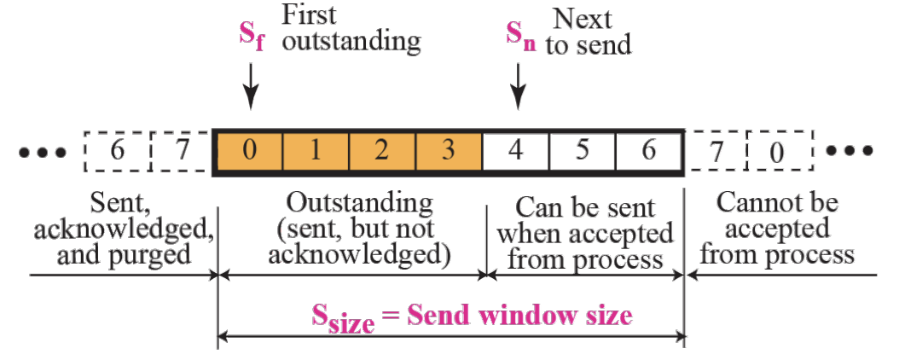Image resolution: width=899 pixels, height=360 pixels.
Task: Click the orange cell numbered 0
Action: (249, 153)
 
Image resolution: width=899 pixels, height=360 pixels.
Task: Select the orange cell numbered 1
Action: (315, 153)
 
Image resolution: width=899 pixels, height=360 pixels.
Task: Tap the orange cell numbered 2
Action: (382, 153)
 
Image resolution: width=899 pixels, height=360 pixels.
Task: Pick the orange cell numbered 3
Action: (449, 153)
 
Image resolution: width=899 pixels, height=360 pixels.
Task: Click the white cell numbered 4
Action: (515, 153)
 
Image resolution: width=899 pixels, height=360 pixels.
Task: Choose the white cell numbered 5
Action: (582, 153)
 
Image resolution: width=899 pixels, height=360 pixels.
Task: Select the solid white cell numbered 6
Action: (648, 153)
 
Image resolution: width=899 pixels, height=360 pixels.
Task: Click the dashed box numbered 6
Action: (117, 153)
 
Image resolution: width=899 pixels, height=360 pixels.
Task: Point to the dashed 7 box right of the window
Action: (715, 153)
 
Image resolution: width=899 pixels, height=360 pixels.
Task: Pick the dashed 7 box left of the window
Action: (182, 153)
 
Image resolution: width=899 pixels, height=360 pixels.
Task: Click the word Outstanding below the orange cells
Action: (358, 204)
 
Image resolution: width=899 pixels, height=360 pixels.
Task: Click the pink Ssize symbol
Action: (343, 318)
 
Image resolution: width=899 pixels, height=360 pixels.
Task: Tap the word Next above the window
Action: (583, 18)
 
